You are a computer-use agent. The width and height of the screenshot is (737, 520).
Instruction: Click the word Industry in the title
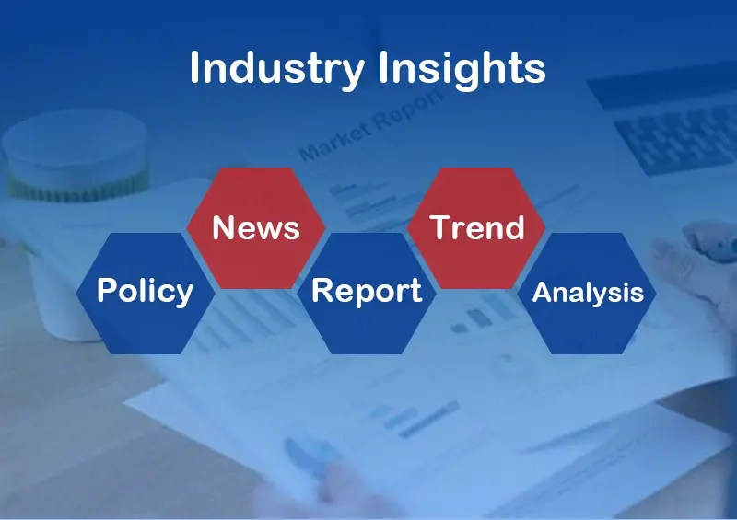click(277, 69)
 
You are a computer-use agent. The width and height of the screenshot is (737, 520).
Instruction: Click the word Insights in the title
click(462, 69)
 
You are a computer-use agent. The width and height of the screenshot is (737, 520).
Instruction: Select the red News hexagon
click(256, 228)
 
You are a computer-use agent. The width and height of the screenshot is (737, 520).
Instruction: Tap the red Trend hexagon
click(476, 228)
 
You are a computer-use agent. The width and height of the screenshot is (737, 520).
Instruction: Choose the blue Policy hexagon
click(146, 293)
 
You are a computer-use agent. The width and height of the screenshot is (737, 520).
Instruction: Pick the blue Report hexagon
click(367, 293)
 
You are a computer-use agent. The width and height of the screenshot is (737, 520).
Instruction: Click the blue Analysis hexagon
click(587, 293)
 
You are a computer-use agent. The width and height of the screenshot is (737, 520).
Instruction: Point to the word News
click(256, 228)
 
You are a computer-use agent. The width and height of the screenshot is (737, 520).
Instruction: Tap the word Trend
click(476, 227)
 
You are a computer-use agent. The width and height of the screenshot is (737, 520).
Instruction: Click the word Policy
click(146, 292)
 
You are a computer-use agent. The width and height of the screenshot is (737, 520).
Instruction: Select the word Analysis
click(588, 293)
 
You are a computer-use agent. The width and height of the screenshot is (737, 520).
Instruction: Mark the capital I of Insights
click(383, 67)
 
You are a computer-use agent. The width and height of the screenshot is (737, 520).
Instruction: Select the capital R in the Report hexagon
click(322, 290)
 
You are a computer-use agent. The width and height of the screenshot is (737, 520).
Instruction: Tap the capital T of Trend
click(442, 227)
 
